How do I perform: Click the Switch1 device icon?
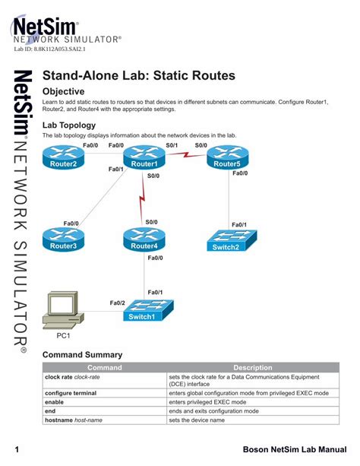coord(148,311)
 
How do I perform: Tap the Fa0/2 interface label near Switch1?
coord(117,303)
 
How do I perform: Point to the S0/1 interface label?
coord(172,145)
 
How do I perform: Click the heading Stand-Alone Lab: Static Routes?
coord(139,76)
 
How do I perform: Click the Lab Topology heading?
coord(69,124)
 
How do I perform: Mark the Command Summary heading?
coord(82,354)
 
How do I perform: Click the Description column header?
coord(257,367)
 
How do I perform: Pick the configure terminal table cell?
coord(75,392)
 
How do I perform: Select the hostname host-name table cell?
coord(74,420)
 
